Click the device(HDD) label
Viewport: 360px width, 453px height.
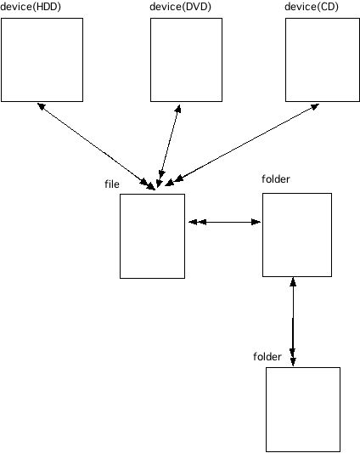tap(31, 7)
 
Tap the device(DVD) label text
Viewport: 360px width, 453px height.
tap(181, 7)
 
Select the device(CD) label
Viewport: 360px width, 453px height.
tap(312, 7)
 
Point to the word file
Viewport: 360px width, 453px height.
tap(112, 184)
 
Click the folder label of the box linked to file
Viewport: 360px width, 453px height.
tap(276, 179)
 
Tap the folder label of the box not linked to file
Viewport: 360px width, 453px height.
tap(267, 357)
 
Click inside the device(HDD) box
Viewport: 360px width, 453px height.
tap(42, 59)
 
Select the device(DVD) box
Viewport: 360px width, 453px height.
tap(186, 59)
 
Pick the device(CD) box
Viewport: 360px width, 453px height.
tap(323, 59)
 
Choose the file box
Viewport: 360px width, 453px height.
tap(153, 236)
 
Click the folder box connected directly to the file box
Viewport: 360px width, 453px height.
tap(297, 235)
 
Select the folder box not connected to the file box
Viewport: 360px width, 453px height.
tap(303, 410)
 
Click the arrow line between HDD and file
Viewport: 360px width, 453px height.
tap(97, 146)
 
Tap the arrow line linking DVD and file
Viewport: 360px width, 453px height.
tap(169, 146)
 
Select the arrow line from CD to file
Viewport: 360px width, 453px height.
tap(242, 144)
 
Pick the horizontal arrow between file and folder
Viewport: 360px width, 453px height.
tap(225, 222)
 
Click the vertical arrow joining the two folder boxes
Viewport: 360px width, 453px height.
tap(293, 321)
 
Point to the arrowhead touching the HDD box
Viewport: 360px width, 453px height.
tap(42, 106)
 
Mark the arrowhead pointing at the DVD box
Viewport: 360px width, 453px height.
tap(178, 109)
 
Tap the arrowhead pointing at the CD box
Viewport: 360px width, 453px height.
tap(315, 106)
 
